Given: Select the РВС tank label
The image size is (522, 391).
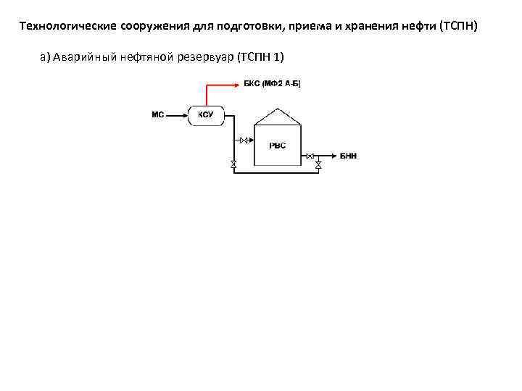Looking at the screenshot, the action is (278, 146).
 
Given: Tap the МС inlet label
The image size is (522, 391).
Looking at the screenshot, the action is (157, 114).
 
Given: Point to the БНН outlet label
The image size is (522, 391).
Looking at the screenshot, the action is (348, 156).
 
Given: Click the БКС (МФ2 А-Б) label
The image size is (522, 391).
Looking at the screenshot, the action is (271, 84).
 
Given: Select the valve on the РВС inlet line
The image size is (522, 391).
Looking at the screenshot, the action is (244, 140).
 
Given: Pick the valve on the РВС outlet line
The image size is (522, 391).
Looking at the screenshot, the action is (310, 156).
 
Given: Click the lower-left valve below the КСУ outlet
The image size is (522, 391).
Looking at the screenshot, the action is (233, 164).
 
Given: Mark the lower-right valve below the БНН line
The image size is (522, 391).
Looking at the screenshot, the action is (318, 165).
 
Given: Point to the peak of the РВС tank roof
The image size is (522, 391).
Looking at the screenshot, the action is (277, 109).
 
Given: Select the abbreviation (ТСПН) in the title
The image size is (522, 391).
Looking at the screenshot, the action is (455, 27).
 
